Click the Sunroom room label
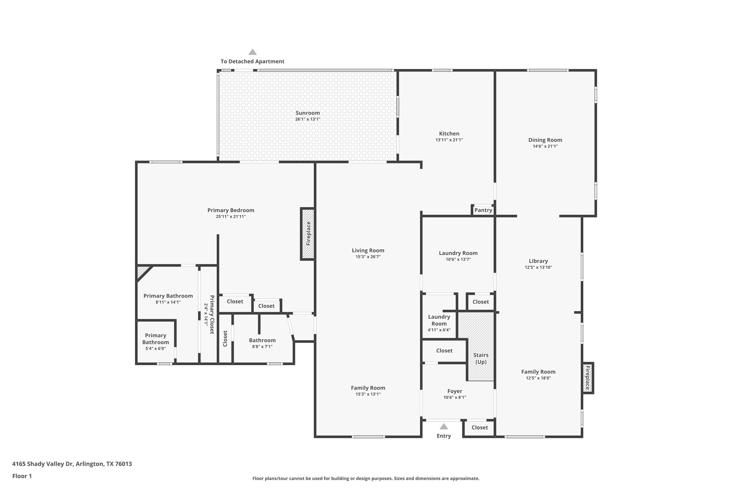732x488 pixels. pos(307,113)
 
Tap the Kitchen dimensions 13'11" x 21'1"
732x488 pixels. pos(449,140)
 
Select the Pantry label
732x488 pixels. pos(483,210)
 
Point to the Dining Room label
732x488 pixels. pos(545,140)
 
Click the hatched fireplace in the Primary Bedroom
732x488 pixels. pos(308,234)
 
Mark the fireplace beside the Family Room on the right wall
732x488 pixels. pos(587,378)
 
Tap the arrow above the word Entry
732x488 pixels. pos(444,427)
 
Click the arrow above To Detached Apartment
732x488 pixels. pos(252,52)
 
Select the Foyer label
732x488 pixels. pos(455,391)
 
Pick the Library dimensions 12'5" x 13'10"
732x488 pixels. pos(538,267)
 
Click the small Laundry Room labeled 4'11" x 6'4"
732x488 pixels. pos(439,323)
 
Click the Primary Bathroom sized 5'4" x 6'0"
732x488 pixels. pos(155,341)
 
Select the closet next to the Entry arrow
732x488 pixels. pos(479,427)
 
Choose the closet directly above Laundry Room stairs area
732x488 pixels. pos(480,302)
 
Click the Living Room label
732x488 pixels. pos(368,250)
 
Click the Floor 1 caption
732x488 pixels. pos(22,476)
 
